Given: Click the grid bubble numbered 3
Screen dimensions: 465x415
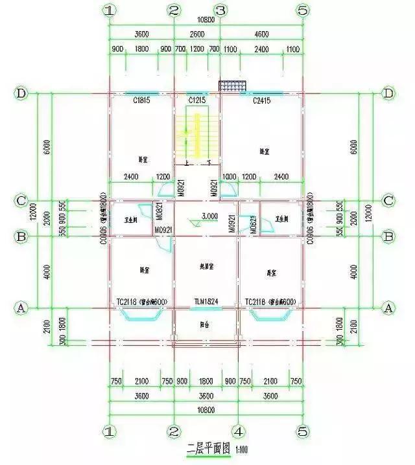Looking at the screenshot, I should click(x=220, y=10).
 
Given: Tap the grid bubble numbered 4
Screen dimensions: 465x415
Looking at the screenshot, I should click(x=238, y=431).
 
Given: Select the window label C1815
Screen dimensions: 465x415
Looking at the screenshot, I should click(x=142, y=100).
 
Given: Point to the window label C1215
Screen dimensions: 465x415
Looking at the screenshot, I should click(x=197, y=100).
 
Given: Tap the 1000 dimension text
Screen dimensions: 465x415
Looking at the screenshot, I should click(x=229, y=176).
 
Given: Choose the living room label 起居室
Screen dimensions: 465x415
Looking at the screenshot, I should click(x=207, y=266).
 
